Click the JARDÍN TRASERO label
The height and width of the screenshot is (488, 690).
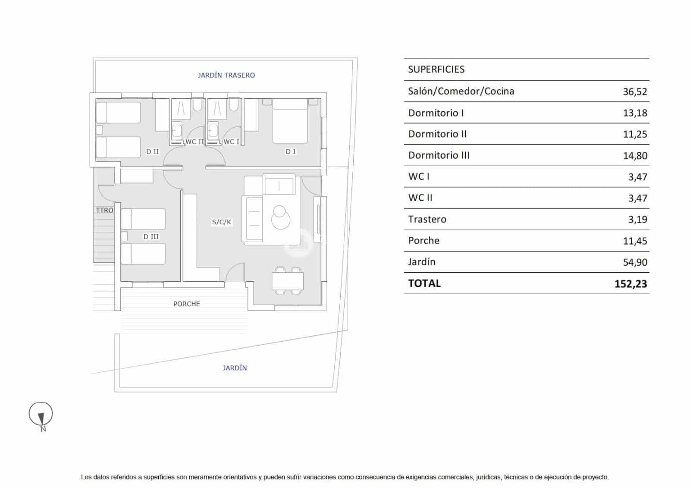226,75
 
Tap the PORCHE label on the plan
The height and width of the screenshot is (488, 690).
186,304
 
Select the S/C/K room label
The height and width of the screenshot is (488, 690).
222,222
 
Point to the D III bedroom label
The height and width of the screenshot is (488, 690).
151,236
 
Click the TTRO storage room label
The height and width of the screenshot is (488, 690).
104,210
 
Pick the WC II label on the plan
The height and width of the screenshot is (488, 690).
194,142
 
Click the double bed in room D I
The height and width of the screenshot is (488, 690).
290,122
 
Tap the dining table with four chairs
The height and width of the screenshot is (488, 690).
288,281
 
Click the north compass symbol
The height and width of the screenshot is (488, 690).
41,415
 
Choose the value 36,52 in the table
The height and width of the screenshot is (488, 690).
634,91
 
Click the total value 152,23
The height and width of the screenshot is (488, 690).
630,284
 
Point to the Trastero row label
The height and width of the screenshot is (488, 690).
427,219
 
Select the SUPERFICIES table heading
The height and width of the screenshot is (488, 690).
436,69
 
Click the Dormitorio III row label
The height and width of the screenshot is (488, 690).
439,155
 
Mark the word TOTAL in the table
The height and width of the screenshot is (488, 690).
424,283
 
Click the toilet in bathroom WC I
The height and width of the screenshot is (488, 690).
233,105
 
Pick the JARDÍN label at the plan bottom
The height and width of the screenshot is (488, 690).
235,368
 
